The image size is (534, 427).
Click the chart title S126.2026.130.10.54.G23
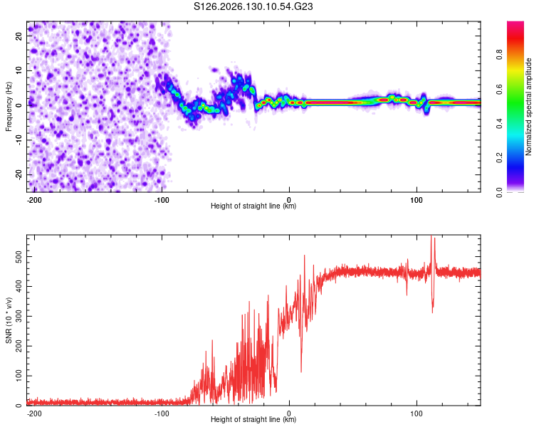pos(253,6)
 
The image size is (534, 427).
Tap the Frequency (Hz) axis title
pos(9,107)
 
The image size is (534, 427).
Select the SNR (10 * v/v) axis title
pos(9,320)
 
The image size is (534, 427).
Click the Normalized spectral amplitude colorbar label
pos(528,107)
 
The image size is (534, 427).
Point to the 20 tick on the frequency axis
pos(19,36)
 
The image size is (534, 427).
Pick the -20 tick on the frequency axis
pos(19,174)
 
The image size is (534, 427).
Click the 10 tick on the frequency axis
pos(19,70)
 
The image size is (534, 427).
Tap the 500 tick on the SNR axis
pos(19,256)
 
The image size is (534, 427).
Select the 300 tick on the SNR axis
pos(19,316)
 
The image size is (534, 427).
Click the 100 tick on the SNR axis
pos(19,376)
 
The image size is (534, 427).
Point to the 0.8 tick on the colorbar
pos(499,55)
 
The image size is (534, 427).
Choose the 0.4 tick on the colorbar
pos(499,124)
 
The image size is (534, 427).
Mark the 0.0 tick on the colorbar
pos(499,193)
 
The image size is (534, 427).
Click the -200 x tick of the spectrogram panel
pos(34,200)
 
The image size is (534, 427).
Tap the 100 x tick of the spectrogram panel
pos(417,200)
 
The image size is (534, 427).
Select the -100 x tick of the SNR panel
pos(162,413)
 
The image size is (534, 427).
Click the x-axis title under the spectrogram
pos(253,206)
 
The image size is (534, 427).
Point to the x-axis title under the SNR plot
pos(253,419)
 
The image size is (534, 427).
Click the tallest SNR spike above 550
pos(431,236)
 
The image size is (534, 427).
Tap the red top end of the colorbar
pos(515,23)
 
